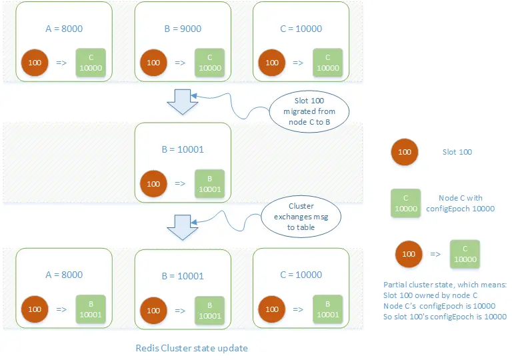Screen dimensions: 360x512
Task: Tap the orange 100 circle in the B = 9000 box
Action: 153,63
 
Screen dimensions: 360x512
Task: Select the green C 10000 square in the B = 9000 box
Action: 209,63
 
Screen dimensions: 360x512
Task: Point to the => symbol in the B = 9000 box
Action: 181,63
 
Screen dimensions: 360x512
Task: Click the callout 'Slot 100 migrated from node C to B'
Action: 303,110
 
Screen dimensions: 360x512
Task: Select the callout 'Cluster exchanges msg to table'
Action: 299,217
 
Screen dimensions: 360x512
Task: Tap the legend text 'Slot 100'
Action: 457,152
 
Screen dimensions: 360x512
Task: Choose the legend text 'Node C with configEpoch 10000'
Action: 461,203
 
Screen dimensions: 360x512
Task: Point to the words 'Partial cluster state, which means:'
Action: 445,285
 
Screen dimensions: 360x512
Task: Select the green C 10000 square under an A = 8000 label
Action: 90,63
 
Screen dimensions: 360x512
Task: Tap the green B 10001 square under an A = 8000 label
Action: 90,310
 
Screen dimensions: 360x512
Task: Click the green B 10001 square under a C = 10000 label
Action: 327,310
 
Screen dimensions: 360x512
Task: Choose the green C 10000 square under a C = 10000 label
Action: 327,63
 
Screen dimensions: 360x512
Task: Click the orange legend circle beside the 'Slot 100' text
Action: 405,152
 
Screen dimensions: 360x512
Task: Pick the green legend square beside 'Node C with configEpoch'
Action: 405,203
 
